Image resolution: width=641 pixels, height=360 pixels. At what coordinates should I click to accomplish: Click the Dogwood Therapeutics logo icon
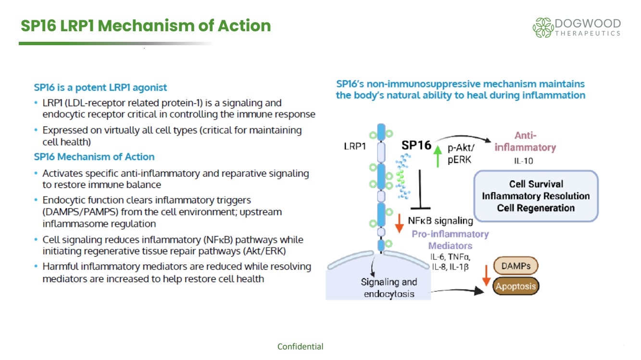(542, 27)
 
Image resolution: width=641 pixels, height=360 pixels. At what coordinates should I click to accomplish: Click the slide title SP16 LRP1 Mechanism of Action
(146, 25)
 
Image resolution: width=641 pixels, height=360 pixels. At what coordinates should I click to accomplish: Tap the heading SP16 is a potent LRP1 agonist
(101, 87)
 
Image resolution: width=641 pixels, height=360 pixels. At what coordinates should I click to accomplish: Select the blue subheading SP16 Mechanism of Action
(94, 157)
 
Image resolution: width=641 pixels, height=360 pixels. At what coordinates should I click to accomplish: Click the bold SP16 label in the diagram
(416, 145)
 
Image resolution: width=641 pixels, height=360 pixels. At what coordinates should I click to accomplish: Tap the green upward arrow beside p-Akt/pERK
(438, 155)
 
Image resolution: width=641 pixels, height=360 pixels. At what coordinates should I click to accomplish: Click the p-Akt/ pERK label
(461, 154)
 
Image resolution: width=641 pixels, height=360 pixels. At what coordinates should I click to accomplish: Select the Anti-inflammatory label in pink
(525, 142)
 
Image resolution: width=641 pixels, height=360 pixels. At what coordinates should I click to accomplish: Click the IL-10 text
(523, 161)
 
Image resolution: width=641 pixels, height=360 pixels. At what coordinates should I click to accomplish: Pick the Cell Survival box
(536, 196)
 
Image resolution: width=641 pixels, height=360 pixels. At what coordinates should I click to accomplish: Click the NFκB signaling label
(440, 221)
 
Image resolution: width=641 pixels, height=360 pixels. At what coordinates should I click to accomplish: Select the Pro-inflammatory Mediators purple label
(450, 240)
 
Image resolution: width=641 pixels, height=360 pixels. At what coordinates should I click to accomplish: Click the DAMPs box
(515, 266)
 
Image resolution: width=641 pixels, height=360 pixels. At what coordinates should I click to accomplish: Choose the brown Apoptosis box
(515, 286)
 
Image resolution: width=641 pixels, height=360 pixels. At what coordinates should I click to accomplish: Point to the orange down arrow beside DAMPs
(486, 275)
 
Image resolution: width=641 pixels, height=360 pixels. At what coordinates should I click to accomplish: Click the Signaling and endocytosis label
(389, 288)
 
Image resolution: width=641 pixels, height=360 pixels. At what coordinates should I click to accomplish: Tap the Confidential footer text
(300, 347)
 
